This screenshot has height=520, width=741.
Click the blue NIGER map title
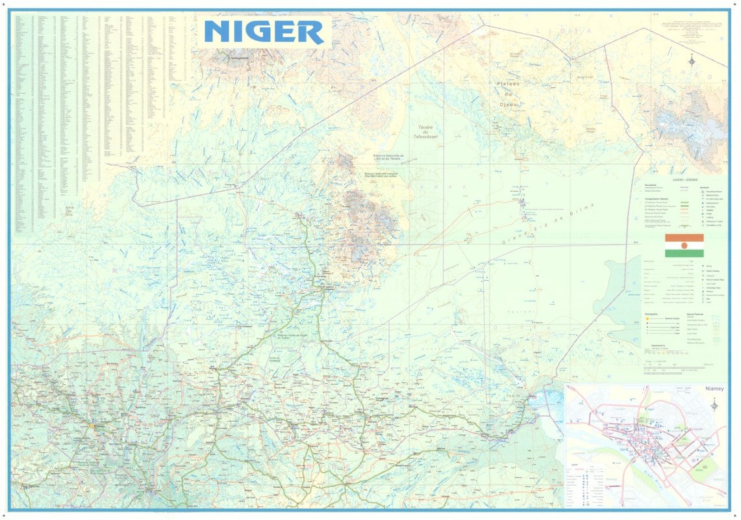[264, 32]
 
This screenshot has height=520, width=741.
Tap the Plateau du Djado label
[509, 94]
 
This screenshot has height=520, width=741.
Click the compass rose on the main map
[692, 62]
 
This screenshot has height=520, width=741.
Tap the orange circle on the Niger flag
[684, 245]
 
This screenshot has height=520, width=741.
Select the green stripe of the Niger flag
[684, 253]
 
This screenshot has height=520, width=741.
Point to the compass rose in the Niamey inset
[715, 405]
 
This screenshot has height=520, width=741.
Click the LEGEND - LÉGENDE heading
[685, 179]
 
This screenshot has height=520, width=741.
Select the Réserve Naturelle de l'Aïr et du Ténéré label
[388, 157]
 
